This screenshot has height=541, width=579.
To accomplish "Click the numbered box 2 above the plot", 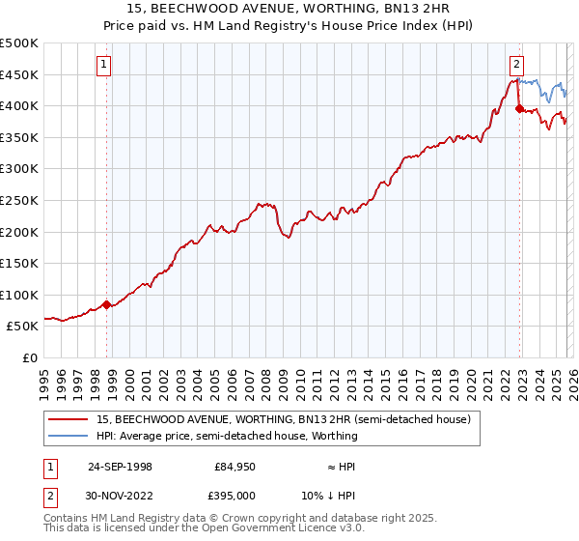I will [x=517, y=65].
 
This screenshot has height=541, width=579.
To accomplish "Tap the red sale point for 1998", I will [x=107, y=303].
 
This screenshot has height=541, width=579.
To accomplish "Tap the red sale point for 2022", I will [x=519, y=109].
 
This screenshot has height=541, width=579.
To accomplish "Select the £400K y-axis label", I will [x=18, y=105].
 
